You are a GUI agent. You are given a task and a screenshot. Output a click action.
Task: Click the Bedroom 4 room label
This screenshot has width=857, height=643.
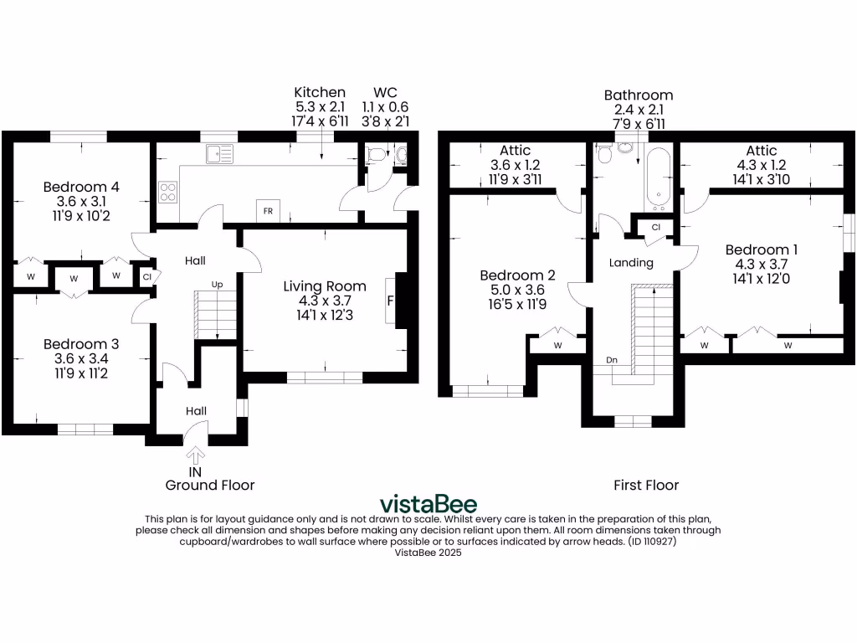click(81, 187)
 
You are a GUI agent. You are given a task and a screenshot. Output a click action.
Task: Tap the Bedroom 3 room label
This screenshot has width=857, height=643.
click(81, 343)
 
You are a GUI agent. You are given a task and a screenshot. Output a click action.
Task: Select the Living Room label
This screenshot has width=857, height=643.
click(324, 286)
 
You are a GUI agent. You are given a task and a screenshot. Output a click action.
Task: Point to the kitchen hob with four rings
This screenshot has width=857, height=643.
click(168, 193)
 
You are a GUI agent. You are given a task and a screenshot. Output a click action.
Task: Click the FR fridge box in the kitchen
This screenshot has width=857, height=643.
click(268, 211)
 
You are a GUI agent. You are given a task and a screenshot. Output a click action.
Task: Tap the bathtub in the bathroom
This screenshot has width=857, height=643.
click(655, 177)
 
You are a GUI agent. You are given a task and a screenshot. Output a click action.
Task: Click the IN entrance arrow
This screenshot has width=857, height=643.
click(197, 455)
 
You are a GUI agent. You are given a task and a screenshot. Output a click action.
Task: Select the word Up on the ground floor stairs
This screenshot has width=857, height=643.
click(217, 285)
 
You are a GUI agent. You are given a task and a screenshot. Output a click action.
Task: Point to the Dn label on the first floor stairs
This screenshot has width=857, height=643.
click(612, 360)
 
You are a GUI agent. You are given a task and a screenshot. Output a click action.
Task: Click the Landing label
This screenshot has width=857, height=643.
click(631, 263)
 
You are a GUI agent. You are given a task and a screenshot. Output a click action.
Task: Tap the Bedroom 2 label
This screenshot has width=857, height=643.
click(517, 275)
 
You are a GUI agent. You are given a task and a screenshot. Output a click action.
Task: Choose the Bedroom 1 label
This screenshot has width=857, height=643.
click(762, 249)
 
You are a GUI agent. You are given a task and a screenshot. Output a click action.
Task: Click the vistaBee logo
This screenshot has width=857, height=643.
click(428, 504)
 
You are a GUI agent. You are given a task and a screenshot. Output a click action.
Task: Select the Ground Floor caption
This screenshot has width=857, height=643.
click(210, 485)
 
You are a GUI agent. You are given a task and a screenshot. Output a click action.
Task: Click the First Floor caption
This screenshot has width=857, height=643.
click(646, 485)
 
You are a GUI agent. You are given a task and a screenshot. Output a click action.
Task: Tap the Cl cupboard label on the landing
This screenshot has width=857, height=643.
click(655, 227)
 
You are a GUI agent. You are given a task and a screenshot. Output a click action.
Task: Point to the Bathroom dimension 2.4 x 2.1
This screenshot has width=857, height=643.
click(639, 110)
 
